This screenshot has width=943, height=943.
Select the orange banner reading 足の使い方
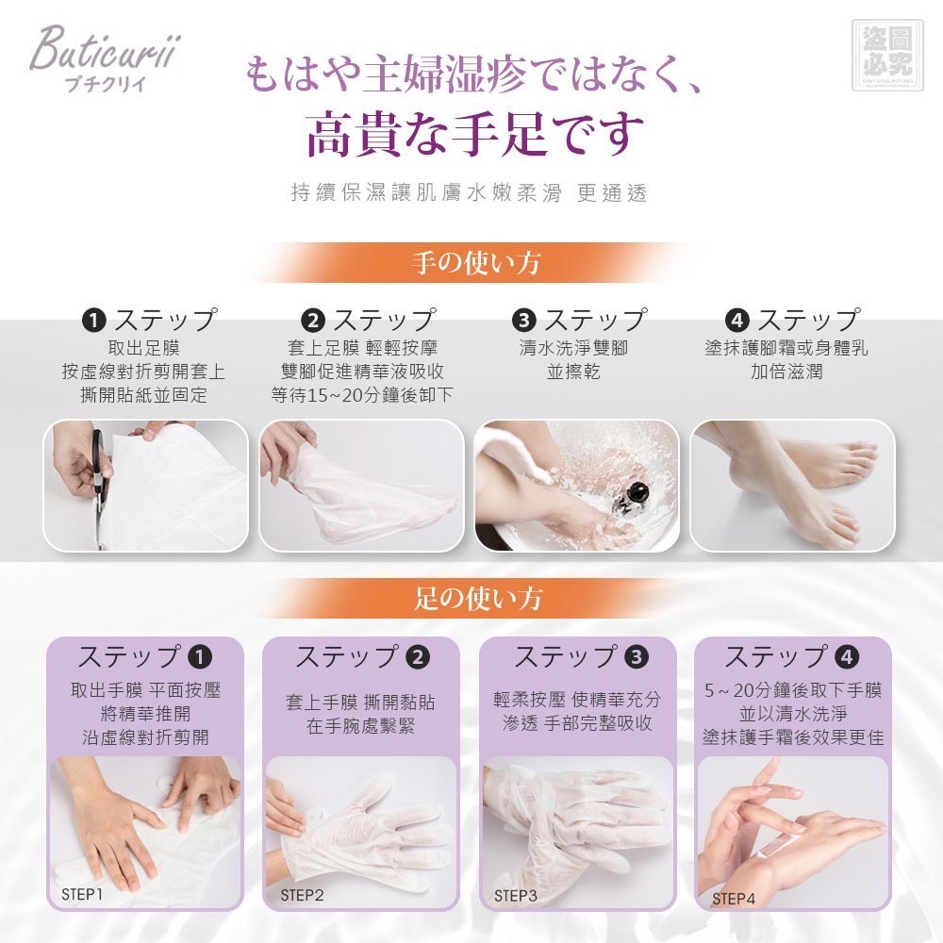click(477, 598)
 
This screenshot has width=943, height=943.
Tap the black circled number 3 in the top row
click(525, 320)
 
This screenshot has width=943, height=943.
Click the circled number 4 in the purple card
click(847, 656)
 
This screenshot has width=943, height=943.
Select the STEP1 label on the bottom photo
click(83, 892)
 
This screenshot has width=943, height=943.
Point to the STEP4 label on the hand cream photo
click(734, 899)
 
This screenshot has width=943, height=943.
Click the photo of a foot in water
click(577, 486)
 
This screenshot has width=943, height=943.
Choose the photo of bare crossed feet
click(792, 486)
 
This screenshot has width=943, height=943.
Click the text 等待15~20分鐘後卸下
click(362, 395)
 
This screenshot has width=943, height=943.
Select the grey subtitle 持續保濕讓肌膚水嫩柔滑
click(426, 193)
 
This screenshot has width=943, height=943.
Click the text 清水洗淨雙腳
click(573, 348)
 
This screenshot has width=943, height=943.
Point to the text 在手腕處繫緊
click(360, 726)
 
